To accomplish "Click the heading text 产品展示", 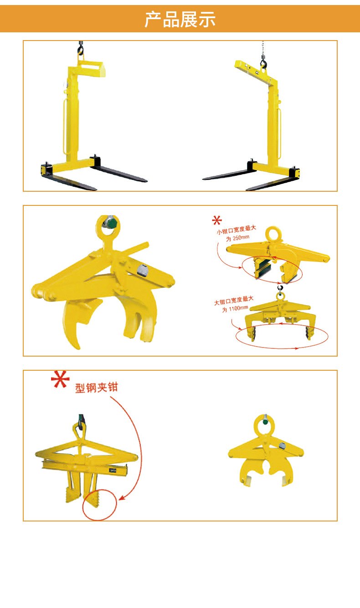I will (180, 20).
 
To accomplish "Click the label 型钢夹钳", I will (96, 388).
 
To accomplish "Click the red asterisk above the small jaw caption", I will (217, 221).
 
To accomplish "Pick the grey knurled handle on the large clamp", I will (142, 271).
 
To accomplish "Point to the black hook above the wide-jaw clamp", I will (280, 287).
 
